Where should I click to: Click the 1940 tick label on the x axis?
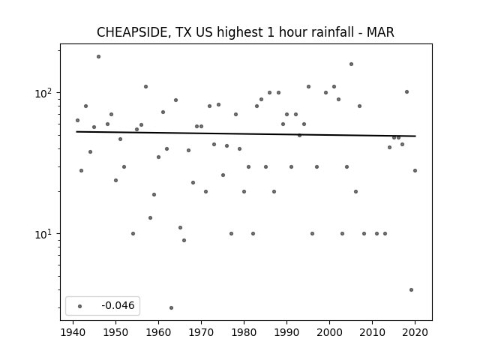click(73, 332)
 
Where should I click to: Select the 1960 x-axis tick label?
click(158, 332)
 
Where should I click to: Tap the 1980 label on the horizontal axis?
click(244, 332)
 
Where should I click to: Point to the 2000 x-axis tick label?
click(329, 332)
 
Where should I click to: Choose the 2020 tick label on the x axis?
click(415, 332)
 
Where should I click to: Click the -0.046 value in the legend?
click(118, 305)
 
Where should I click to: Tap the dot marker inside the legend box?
click(79, 306)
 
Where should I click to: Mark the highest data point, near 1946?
click(98, 57)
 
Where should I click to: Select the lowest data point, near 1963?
click(171, 307)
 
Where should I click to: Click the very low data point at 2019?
click(411, 289)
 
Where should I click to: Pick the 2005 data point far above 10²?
click(351, 64)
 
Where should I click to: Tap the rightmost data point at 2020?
click(415, 170)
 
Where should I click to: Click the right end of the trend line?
click(415, 136)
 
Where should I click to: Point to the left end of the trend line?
click(76, 132)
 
